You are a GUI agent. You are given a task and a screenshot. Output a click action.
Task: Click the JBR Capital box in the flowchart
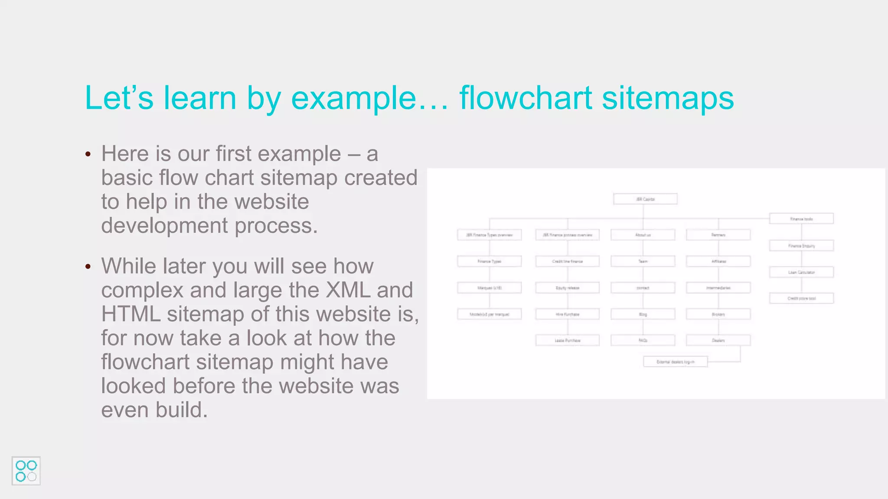[645, 199]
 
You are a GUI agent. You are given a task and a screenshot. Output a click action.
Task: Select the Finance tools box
[801, 219]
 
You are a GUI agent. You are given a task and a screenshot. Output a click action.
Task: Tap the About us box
[643, 235]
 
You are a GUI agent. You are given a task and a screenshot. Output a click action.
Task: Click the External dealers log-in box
[675, 362]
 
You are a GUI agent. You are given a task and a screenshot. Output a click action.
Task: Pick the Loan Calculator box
[801, 272]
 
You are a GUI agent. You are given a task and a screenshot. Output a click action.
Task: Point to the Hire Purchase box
[567, 314]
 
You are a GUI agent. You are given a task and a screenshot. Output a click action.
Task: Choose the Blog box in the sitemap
[643, 314]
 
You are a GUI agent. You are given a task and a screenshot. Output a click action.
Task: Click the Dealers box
[718, 340]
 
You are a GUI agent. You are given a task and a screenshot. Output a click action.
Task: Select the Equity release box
[567, 288]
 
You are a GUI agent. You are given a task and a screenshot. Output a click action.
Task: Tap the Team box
[643, 261]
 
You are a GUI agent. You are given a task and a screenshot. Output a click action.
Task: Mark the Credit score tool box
[801, 298]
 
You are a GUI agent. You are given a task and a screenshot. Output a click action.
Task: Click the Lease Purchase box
[567, 340]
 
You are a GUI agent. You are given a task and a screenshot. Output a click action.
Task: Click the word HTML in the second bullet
[131, 314]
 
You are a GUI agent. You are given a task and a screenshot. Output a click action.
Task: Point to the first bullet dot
[88, 154]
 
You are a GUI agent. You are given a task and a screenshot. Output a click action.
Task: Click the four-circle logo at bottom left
[26, 471]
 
